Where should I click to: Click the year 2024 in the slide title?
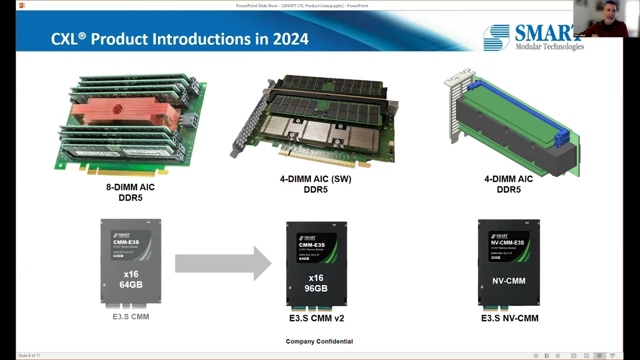click(x=290, y=39)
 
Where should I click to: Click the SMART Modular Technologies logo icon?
click(x=496, y=37)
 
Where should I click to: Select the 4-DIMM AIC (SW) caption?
click(x=315, y=179)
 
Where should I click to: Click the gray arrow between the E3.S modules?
click(x=223, y=263)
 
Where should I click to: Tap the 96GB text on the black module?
click(x=316, y=288)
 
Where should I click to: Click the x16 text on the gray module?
click(x=131, y=274)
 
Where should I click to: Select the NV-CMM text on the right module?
click(x=508, y=281)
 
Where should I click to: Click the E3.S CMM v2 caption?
click(x=316, y=318)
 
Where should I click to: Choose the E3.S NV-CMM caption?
click(x=509, y=318)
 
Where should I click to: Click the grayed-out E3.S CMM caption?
click(x=130, y=316)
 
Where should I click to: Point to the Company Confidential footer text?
click(x=319, y=341)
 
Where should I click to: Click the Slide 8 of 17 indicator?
click(x=29, y=355)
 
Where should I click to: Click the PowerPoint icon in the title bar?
click(x=22, y=5)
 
